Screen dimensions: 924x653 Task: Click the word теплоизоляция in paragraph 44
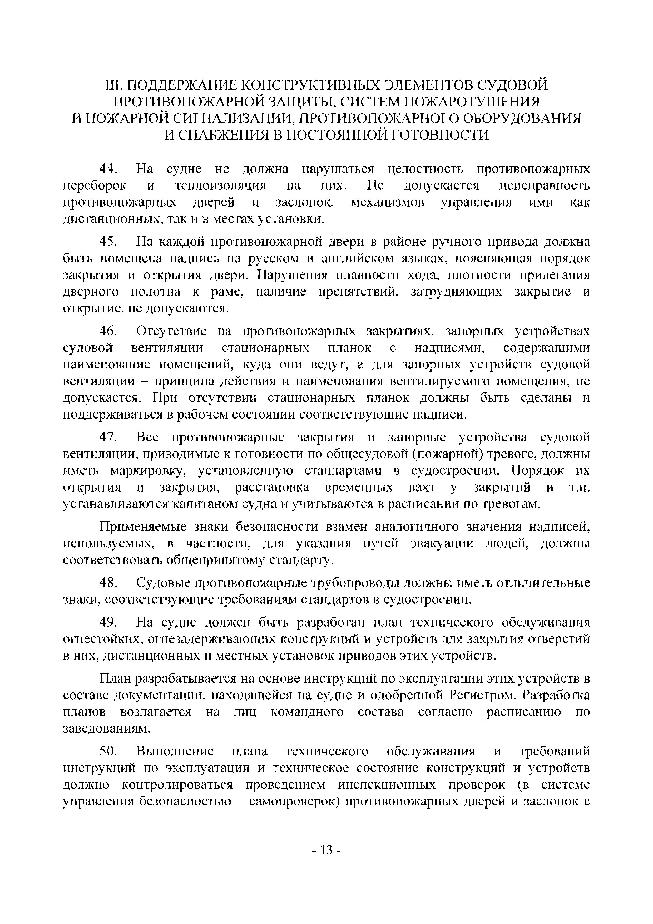220,185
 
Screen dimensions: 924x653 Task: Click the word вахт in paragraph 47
421,487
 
